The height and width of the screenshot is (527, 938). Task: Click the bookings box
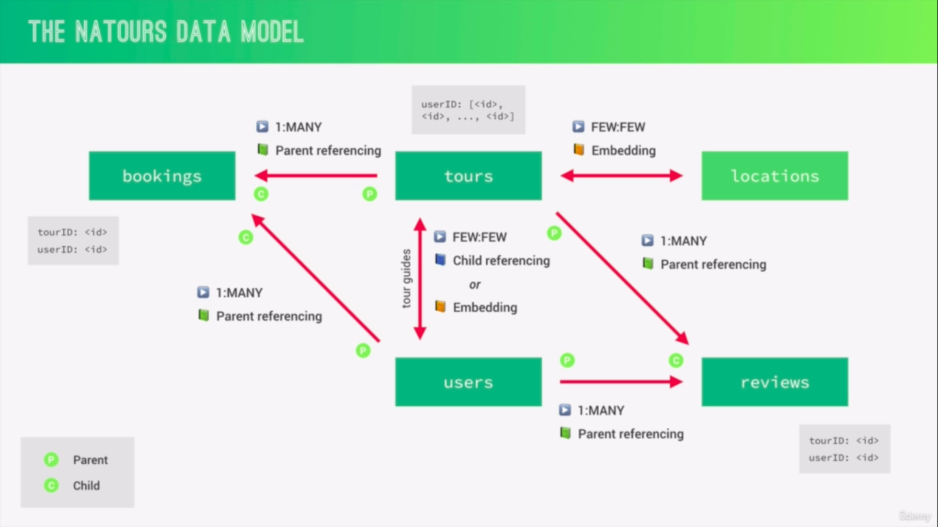pos(162,176)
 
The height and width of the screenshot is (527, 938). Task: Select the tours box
pos(468,176)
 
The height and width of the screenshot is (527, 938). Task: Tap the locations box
pos(775,176)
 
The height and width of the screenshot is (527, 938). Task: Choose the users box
pos(468,382)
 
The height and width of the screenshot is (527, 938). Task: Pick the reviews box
pos(775,382)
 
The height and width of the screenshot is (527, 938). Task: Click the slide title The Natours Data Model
pos(165,32)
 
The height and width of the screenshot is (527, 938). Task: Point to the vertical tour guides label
pos(407,278)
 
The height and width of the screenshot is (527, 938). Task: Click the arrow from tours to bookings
pos(316,176)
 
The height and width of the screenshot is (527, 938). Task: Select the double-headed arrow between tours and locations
pos(621,176)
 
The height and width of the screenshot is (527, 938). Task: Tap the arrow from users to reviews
pos(621,382)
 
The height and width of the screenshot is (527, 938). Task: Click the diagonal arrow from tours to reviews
pos(621,278)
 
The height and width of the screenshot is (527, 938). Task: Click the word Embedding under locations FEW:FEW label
pos(624,150)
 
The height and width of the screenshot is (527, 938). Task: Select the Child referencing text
pos(501,261)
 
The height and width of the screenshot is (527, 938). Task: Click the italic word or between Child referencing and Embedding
pos(474,284)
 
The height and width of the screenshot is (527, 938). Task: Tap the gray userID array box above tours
pos(468,110)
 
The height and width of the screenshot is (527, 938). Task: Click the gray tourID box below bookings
pos(73,241)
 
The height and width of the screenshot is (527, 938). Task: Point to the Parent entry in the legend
pos(90,460)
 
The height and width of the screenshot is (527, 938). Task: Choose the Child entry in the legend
pos(86,486)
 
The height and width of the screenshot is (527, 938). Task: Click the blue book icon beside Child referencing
pos(440,261)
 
